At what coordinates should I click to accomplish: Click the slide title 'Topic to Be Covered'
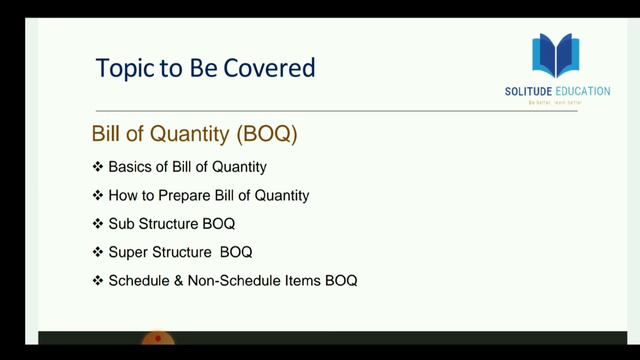point(204,68)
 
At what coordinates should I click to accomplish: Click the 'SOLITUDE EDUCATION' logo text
point(557,92)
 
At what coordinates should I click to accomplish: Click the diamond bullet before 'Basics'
point(98,165)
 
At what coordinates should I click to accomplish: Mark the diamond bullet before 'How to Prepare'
point(98,194)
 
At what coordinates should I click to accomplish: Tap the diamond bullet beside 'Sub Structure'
point(98,223)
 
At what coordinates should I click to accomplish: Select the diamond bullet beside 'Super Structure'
point(98,252)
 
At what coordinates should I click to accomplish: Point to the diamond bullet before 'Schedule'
point(98,281)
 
